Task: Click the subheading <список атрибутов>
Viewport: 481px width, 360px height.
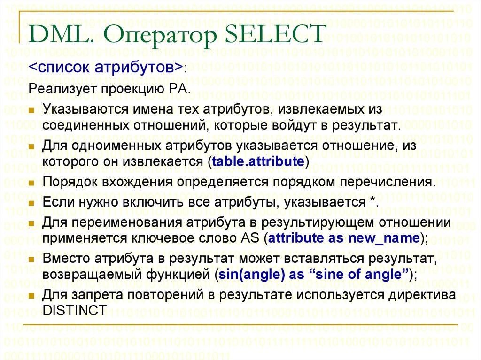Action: (x=106, y=67)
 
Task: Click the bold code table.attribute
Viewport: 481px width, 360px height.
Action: (x=258, y=162)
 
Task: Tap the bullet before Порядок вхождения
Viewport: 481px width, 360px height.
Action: (x=31, y=183)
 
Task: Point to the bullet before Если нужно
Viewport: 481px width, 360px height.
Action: (x=31, y=203)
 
